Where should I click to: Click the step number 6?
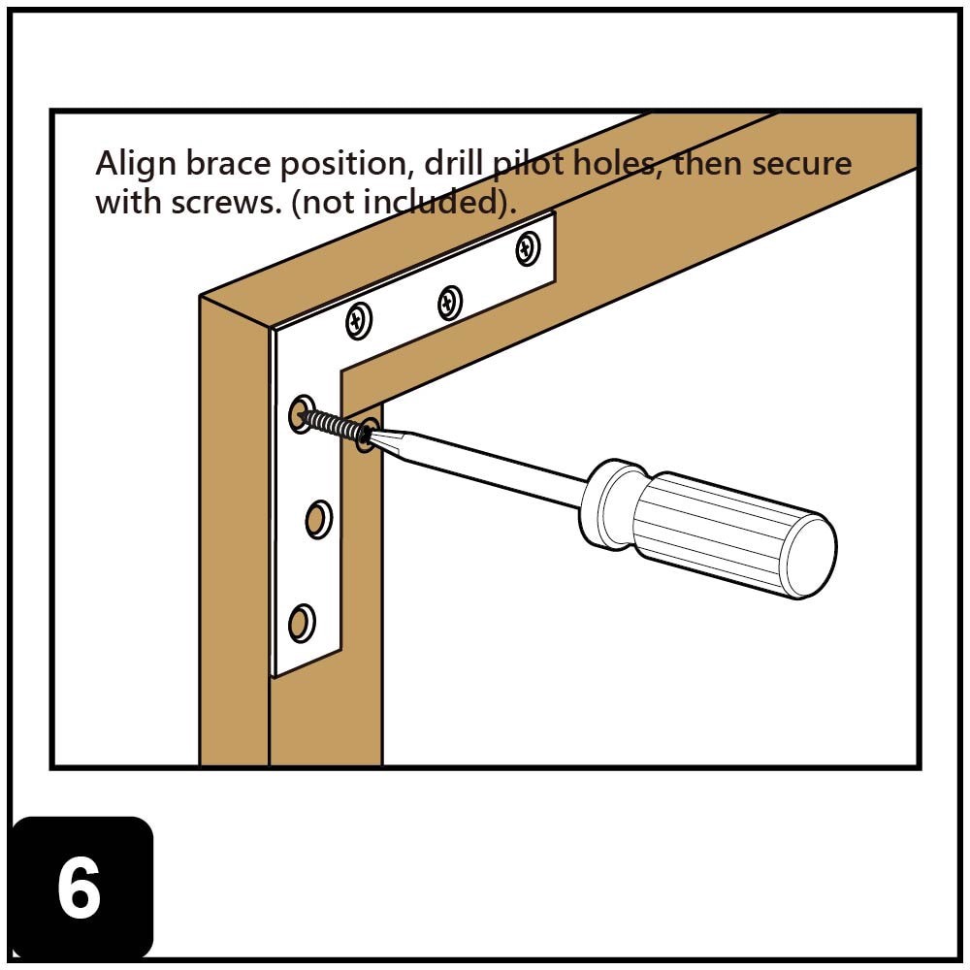click(x=79, y=889)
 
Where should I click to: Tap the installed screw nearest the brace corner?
click(x=359, y=321)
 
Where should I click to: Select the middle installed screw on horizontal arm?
click(x=449, y=303)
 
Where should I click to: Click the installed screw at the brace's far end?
click(x=528, y=249)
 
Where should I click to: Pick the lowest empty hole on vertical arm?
click(x=302, y=621)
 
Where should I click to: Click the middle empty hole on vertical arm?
click(x=317, y=520)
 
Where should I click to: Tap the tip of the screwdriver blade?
click(x=374, y=434)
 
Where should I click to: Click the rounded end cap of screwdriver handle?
click(x=810, y=556)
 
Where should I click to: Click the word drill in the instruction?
click(x=450, y=163)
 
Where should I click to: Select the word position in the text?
click(x=343, y=164)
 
